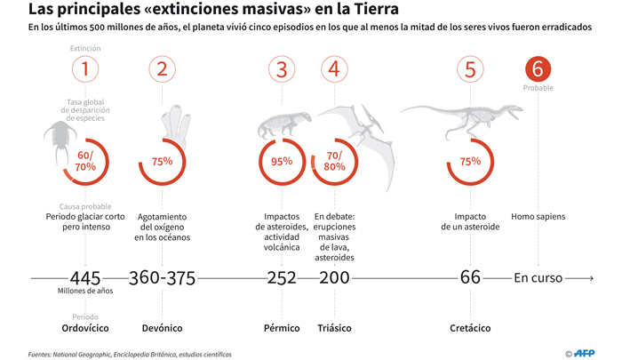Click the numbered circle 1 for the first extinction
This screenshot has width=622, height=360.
(x=84, y=69)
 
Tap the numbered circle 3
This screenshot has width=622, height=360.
(x=282, y=69)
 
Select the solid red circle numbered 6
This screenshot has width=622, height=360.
(x=538, y=69)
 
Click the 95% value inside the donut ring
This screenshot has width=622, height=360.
(x=282, y=161)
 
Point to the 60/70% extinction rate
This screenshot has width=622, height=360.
(x=85, y=161)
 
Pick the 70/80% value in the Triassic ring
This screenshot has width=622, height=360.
(x=334, y=161)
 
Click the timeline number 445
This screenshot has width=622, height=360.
(x=86, y=277)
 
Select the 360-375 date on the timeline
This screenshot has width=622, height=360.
(x=162, y=277)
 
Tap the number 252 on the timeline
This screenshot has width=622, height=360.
(x=283, y=277)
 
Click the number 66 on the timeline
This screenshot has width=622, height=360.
(x=470, y=277)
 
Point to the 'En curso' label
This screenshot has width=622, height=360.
(x=538, y=277)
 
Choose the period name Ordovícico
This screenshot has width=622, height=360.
(x=85, y=328)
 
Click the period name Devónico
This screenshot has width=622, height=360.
(x=162, y=328)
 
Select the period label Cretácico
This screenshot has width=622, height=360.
(x=470, y=328)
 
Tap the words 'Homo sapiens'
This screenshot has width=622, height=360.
(x=538, y=216)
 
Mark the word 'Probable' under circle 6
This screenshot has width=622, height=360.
(x=538, y=88)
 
